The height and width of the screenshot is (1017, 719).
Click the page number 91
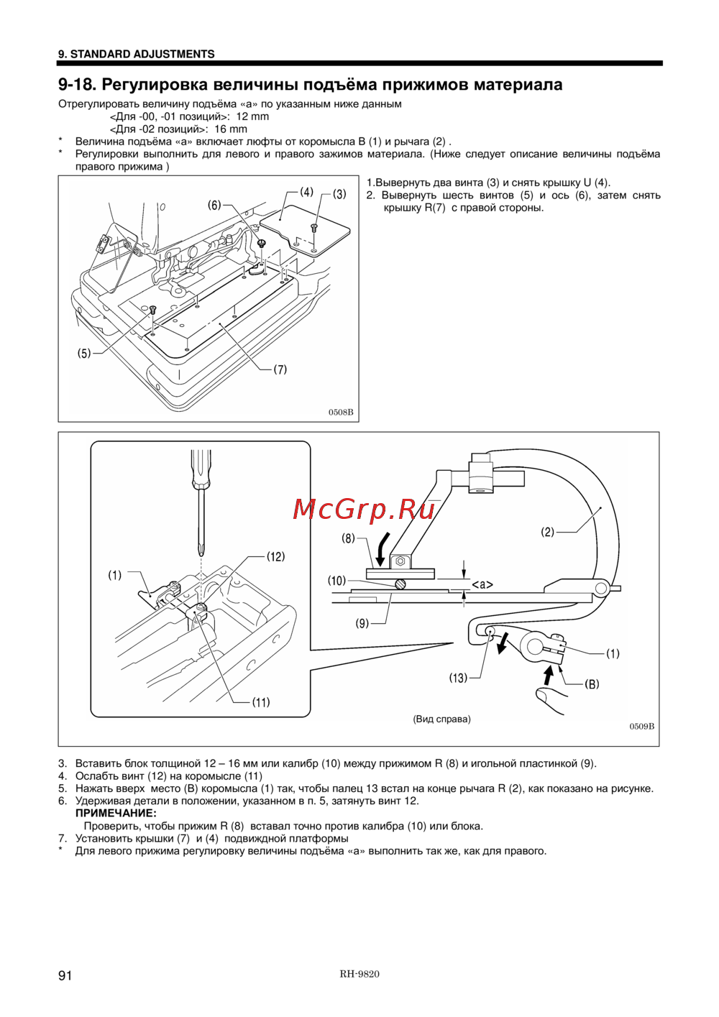[65, 975]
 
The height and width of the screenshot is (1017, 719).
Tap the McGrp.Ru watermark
[364, 509]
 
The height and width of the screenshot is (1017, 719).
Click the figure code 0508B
[341, 413]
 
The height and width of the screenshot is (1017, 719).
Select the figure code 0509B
[641, 726]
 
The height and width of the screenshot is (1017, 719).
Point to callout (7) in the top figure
[280, 369]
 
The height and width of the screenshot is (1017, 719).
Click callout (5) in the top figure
[84, 353]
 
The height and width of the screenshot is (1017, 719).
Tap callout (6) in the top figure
[214, 206]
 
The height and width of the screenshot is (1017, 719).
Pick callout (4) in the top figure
[307, 192]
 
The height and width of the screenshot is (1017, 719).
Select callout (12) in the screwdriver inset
[275, 556]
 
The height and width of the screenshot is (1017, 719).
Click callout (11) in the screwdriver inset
[261, 702]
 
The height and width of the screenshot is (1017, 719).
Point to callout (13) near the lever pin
[458, 678]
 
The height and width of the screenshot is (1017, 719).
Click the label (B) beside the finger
[592, 684]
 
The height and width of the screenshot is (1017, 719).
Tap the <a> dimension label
[482, 585]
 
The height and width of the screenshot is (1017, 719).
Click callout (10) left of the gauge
[336, 581]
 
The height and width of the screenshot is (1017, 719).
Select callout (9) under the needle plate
[362, 623]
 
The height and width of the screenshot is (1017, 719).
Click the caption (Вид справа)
[441, 719]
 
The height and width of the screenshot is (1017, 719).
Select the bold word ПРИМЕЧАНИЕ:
[116, 814]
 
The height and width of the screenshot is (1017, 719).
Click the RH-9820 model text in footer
[359, 974]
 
